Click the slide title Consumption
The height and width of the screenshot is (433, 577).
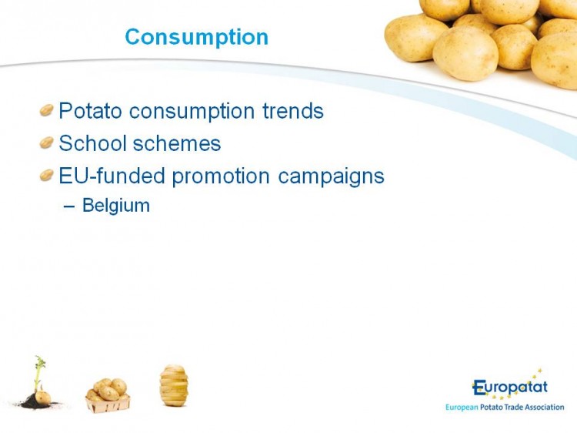197,38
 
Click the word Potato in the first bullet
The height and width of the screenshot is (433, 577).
91,110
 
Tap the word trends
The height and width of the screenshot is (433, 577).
293,110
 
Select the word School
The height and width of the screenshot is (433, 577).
93,143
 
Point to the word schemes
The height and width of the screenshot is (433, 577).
177,143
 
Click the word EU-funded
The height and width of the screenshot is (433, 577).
112,176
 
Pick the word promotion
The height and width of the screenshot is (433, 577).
221,177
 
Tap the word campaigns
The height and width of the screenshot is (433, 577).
331,177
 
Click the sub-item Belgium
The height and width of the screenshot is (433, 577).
116,206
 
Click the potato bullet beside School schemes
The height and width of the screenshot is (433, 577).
47,143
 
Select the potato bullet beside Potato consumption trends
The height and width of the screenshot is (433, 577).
47,110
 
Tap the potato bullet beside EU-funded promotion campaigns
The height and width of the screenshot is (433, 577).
47,175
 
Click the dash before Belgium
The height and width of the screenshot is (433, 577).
68,206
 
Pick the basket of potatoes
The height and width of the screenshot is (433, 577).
108,395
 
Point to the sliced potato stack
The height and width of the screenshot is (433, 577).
174,385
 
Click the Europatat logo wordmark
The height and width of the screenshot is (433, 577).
509,388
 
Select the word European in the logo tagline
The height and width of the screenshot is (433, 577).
462,408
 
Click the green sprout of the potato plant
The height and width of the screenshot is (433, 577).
38,372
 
